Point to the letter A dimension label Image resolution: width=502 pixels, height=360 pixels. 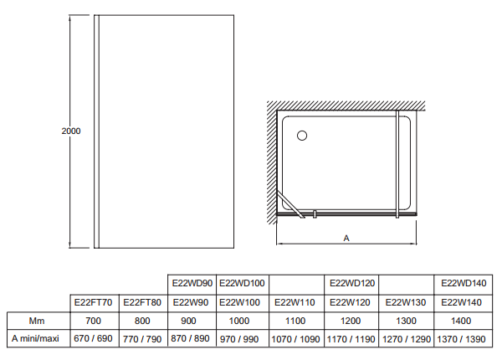[346, 238]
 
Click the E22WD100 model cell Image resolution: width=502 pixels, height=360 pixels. [242, 283]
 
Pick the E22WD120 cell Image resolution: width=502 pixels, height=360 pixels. [352, 283]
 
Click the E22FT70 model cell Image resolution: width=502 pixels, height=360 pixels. [94, 302]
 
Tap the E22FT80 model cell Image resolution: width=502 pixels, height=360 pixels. [142, 302]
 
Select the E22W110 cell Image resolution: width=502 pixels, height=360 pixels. [297, 302]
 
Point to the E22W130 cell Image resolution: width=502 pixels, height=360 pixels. [407, 302]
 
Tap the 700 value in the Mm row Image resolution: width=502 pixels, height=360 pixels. [94, 321]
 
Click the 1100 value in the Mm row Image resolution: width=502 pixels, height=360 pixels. [297, 321]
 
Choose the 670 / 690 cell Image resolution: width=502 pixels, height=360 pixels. [94, 338]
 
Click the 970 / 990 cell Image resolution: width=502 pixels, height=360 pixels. [242, 338]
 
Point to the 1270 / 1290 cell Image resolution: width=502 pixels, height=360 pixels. [407, 338]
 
